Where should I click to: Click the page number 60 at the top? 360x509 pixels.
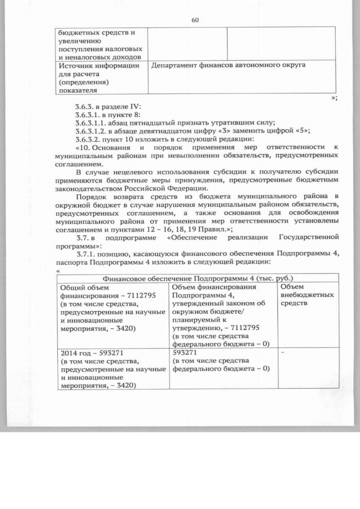click(x=195, y=20)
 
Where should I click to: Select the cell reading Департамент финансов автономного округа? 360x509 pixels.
click(x=229, y=65)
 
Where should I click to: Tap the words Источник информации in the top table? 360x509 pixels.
click(x=98, y=66)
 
